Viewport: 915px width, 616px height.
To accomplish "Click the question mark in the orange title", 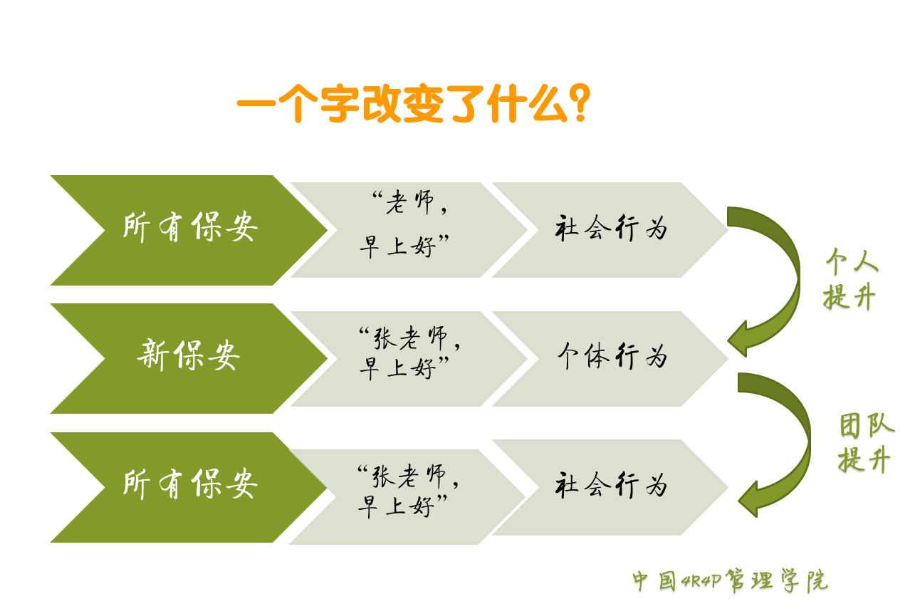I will point(580,105).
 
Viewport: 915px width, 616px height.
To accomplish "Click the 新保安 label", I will point(188,356).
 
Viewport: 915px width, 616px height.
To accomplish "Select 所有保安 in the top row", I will point(189,228).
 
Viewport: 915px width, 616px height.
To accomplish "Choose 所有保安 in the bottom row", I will point(189,484).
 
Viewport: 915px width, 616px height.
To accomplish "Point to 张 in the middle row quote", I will point(385,340).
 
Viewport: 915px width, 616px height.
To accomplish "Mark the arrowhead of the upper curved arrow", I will point(741,341).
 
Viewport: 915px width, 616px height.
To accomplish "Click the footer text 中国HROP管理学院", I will point(730,582).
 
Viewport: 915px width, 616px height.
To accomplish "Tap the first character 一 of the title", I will point(255,105).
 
